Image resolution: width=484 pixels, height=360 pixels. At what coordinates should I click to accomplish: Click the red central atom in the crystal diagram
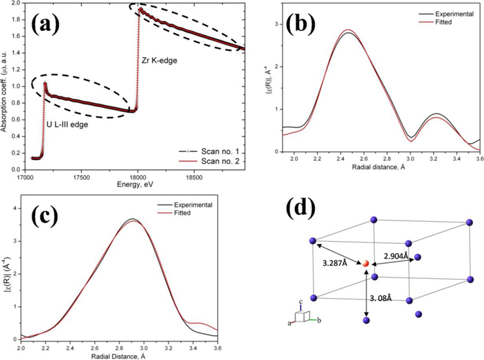pos(366,264)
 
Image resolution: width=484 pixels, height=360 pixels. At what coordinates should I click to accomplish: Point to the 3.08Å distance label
pos(384,298)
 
